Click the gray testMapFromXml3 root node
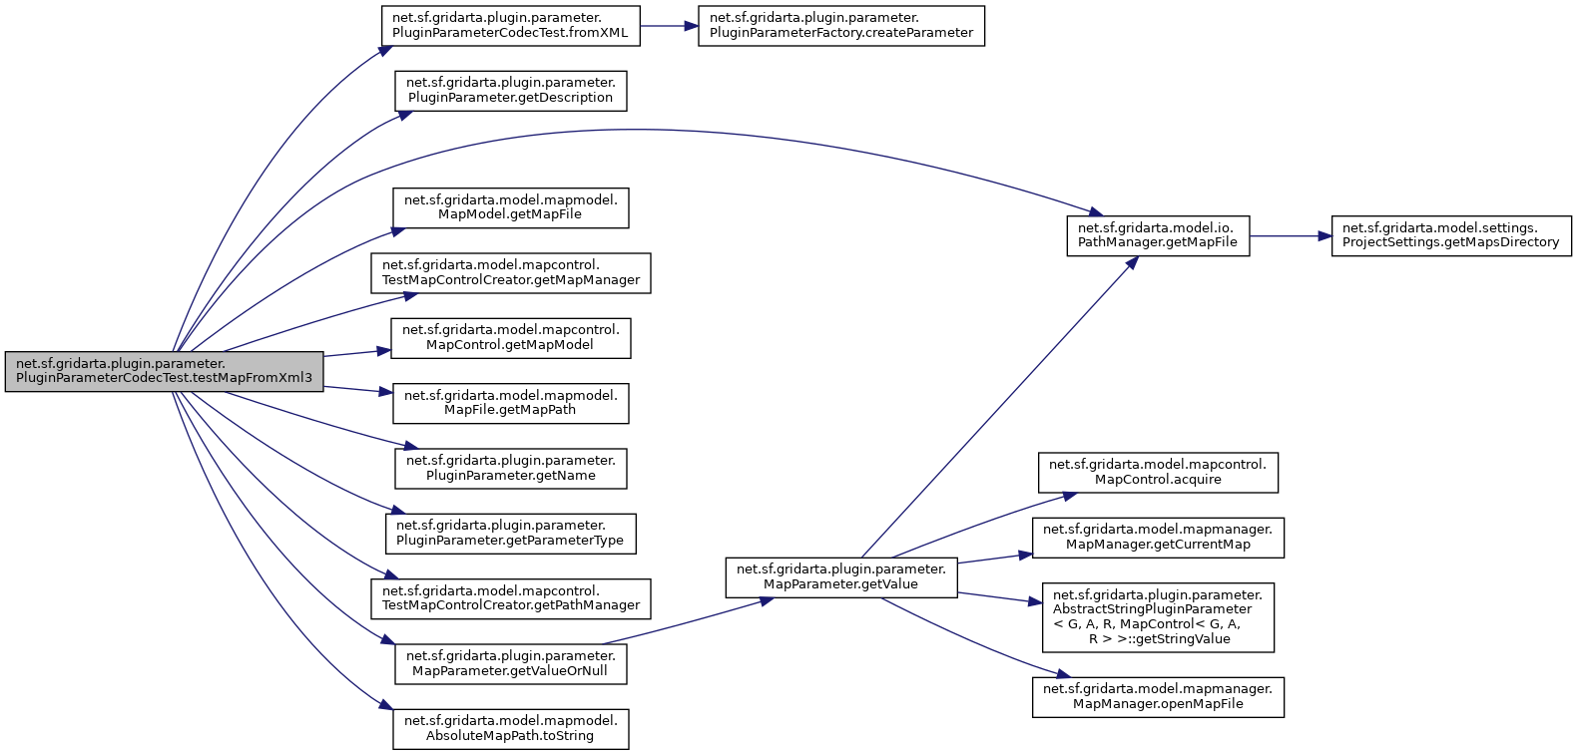pos(164,371)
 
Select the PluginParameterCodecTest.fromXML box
pos(510,25)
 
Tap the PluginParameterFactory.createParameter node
pos(840,25)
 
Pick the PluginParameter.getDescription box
pos(510,91)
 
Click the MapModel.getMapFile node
pos(510,207)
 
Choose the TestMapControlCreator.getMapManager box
pos(510,273)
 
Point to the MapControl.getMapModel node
pos(510,338)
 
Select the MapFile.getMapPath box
pos(510,403)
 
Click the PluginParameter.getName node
pos(510,469)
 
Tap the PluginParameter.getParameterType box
pos(510,534)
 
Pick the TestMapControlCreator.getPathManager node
pos(510,598)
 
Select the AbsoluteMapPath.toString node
pos(510,729)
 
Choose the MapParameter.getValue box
pos(840,577)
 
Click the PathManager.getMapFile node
pos(1158,235)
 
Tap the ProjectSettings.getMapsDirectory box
pos(1450,235)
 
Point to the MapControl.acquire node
pos(1158,473)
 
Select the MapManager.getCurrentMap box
pos(1158,538)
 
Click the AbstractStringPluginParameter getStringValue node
pos(1158,617)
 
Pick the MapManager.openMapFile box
pos(1158,697)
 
